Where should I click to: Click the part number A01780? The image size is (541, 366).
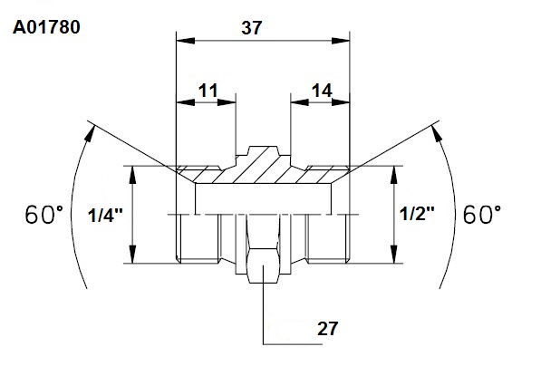[46, 27]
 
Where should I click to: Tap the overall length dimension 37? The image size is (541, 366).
[252, 28]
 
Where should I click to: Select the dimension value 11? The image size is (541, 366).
[208, 91]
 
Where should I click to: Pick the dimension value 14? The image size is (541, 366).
[322, 91]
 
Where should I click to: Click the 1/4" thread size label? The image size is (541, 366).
[105, 216]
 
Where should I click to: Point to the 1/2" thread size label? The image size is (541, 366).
[417, 214]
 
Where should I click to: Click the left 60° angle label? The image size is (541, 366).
[44, 215]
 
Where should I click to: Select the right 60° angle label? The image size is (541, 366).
[482, 215]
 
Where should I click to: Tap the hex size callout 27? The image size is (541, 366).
[327, 329]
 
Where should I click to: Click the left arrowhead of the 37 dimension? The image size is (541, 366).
[185, 41]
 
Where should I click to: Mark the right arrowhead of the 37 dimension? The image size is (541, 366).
[341, 41]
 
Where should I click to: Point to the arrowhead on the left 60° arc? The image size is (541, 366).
[90, 133]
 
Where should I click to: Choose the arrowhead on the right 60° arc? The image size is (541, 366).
[437, 133]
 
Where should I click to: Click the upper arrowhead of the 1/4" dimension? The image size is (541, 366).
[132, 175]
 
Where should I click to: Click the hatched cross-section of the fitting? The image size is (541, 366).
[263, 169]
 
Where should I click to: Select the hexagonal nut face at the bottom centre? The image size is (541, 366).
[264, 265]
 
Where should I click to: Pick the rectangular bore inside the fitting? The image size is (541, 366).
[264, 199]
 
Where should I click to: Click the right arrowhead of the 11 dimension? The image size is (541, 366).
[227, 102]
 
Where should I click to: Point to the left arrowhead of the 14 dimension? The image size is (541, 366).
[299, 102]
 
